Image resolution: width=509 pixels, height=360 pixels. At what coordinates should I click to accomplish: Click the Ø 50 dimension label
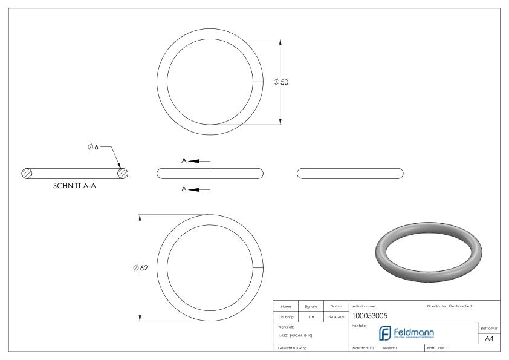[281, 82]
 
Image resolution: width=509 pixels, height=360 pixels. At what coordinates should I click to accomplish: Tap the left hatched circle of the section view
[27, 173]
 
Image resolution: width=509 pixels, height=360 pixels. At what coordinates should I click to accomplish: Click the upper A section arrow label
[184, 161]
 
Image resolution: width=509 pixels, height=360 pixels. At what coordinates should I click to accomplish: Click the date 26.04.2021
[336, 316]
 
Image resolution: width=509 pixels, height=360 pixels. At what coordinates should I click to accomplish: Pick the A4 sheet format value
[490, 339]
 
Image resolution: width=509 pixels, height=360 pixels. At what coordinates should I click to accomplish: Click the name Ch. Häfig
[287, 316]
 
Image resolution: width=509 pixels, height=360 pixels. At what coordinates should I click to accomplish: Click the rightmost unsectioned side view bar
[351, 173]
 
